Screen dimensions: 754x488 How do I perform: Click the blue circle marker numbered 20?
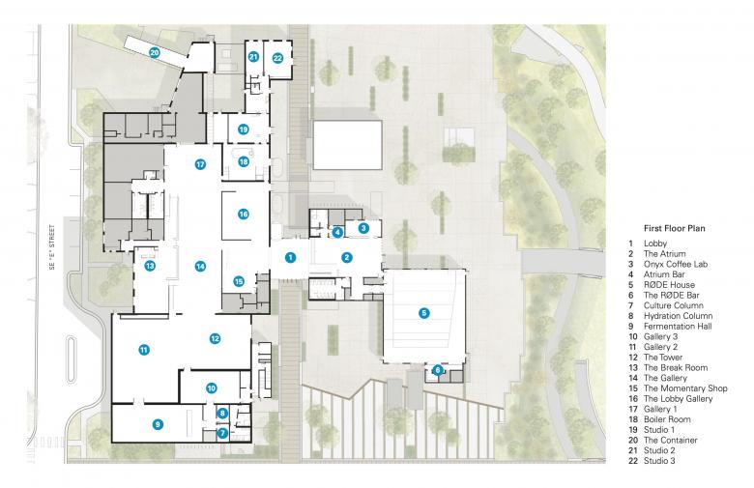point(155,52)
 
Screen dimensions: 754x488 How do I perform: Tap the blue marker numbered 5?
point(423,313)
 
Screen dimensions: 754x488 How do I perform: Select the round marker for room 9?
point(158,424)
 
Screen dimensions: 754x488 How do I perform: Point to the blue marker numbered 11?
point(144,350)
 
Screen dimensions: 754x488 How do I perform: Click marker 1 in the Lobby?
point(290,257)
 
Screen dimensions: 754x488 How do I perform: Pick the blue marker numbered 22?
point(277,58)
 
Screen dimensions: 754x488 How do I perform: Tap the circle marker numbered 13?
point(150,266)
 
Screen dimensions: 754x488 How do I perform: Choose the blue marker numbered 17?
point(200,164)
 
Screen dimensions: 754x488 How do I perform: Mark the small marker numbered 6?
point(438,370)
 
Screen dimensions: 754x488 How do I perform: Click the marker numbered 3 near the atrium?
point(363,228)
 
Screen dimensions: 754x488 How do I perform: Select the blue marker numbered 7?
point(222,433)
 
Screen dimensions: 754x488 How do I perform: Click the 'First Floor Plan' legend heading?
point(674,228)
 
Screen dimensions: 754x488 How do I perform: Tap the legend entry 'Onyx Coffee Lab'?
point(676,264)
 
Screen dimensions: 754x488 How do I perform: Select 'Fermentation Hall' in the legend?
point(678,326)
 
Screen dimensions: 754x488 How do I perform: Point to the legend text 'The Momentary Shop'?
point(685,388)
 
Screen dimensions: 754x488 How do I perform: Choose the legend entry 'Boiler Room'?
point(667,419)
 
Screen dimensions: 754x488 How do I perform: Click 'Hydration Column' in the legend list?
point(678,316)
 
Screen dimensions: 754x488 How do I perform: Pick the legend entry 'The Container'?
point(670,440)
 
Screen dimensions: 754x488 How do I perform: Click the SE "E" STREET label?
point(52,247)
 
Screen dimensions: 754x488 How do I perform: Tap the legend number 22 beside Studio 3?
point(633,461)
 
